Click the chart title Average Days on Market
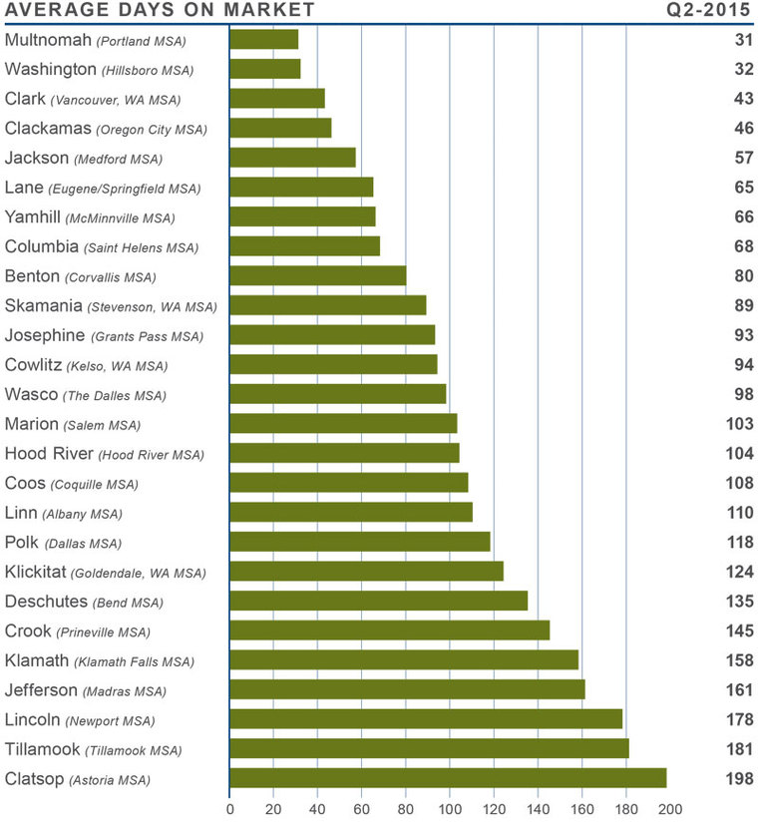click(160, 11)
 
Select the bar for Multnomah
click(264, 40)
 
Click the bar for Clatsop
click(448, 779)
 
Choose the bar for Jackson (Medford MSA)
click(292, 158)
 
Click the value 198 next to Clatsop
click(739, 779)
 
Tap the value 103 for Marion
click(739, 424)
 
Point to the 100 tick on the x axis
click(450, 810)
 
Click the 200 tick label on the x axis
click(669, 810)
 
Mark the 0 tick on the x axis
click(229, 810)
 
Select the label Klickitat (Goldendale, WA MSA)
click(106, 573)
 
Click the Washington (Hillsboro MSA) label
click(100, 70)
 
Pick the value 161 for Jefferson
click(739, 690)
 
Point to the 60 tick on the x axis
click(362, 810)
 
